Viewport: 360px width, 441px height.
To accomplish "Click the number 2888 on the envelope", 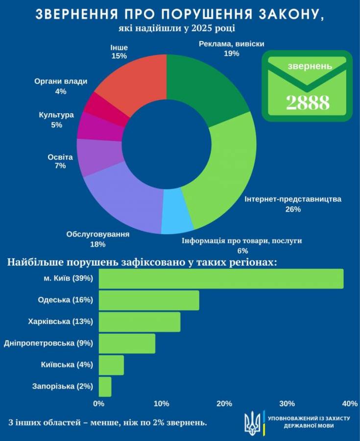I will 308,102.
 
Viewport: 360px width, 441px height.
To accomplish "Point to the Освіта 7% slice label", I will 60,161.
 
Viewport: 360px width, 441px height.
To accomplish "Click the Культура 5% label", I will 56,120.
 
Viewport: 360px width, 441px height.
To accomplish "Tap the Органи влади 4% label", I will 61,86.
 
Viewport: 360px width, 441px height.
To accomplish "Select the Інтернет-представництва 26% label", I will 293,204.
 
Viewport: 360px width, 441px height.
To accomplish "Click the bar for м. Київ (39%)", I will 220,279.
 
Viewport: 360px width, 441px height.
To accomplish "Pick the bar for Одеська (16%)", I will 149,300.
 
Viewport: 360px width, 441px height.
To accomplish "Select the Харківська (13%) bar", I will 139,322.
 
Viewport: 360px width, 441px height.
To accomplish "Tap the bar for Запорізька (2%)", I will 105,387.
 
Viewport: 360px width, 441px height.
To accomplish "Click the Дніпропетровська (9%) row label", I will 48,343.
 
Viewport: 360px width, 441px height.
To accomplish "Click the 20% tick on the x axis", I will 224,403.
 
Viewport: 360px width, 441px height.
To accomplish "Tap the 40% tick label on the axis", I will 349,403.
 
